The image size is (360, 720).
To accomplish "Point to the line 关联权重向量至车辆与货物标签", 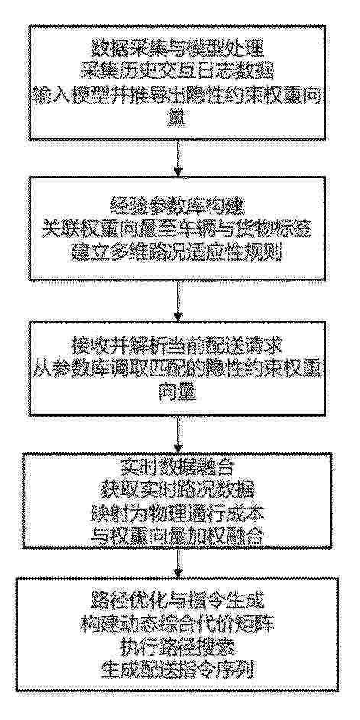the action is coord(177,229).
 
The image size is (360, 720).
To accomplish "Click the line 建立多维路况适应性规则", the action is coord(177,253).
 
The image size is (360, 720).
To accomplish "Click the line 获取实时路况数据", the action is coord(177,491).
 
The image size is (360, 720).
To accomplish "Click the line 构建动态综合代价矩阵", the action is coord(177,625).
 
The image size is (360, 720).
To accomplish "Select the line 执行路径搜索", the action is coord(177,648).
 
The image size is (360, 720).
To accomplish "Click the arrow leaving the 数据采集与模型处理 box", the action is coord(178,157).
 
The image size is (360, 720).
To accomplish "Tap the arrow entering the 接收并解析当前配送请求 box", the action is coord(178,301).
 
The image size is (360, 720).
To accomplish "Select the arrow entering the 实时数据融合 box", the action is coord(178,435).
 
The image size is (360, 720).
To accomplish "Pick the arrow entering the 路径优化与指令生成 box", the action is coord(178,563).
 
